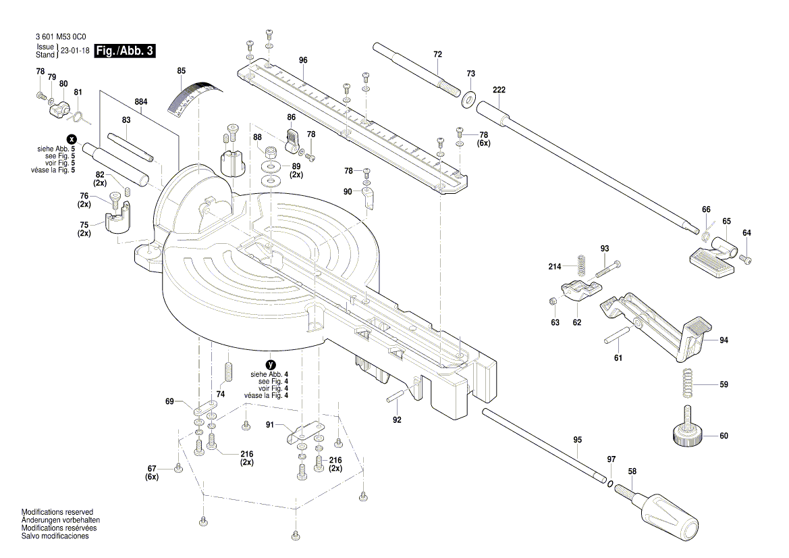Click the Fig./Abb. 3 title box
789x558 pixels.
(x=125, y=51)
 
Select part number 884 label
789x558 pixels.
(x=141, y=102)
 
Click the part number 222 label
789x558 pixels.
(x=499, y=90)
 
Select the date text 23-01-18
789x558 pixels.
(x=75, y=51)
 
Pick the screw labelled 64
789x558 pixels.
(x=747, y=259)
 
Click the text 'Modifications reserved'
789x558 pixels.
(x=57, y=512)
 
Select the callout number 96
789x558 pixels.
(x=303, y=60)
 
